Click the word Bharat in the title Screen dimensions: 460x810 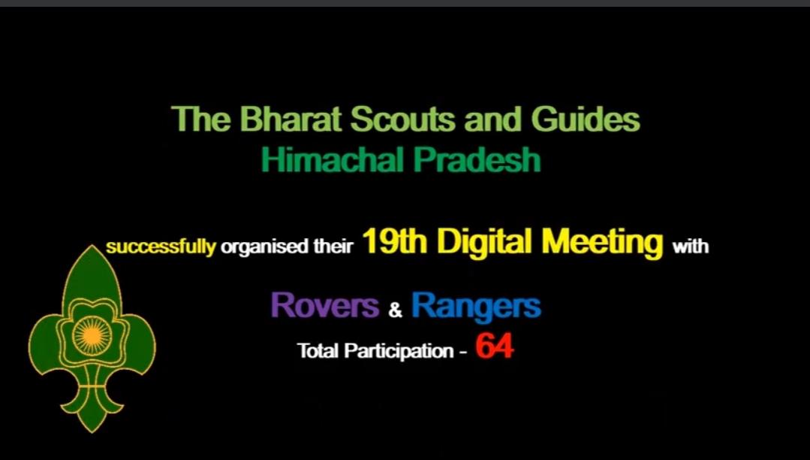[276, 120]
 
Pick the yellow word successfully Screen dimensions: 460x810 [161, 247]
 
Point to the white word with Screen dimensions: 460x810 [690, 247]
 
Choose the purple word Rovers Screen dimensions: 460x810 [324, 306]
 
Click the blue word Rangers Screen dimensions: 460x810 [476, 306]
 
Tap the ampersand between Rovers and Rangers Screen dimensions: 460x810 [396, 309]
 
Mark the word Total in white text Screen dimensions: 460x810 [318, 350]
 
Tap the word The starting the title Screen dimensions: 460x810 [195, 120]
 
